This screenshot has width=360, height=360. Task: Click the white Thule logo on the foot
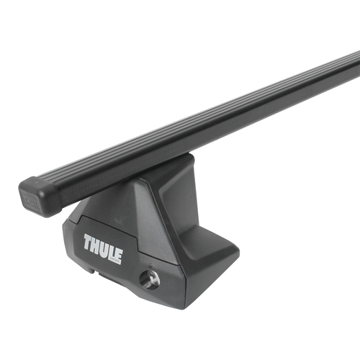pyautogui.click(x=103, y=247)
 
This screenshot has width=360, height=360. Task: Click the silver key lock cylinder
pyautogui.click(x=150, y=280)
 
